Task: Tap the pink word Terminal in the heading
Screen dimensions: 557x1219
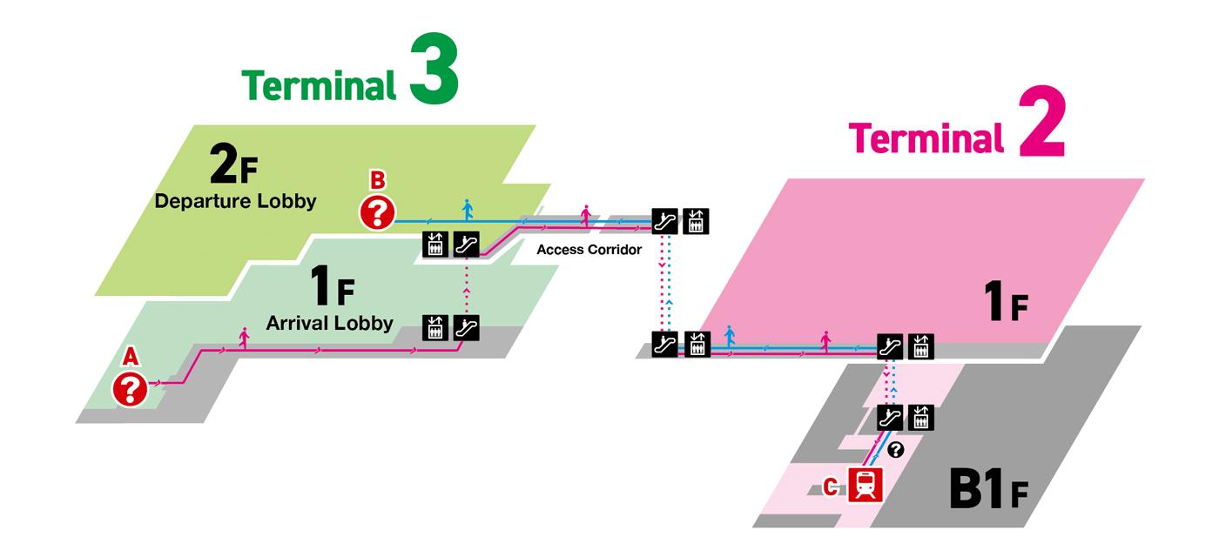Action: tap(924, 138)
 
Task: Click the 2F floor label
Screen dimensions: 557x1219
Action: tap(233, 165)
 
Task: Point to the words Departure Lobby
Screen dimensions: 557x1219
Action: tap(235, 201)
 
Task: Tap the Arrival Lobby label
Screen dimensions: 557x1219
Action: tap(329, 324)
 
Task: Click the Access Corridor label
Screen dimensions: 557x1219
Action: tap(589, 250)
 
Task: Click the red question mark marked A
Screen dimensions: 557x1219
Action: tap(131, 389)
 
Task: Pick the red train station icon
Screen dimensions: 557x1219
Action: tap(865, 484)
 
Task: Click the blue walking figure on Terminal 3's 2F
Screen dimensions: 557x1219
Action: tap(468, 209)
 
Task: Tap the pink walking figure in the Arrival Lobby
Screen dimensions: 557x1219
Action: tap(244, 339)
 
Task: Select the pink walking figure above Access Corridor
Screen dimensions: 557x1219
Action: tap(585, 214)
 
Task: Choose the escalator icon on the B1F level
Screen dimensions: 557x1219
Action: tap(889, 417)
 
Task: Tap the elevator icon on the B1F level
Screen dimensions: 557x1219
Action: tap(919, 417)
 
